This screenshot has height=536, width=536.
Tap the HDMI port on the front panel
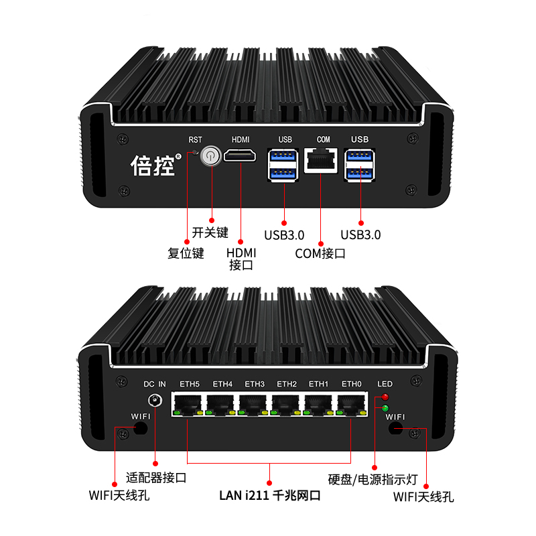(x=241, y=157)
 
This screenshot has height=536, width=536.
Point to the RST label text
(x=195, y=140)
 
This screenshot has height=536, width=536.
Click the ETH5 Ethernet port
(x=189, y=404)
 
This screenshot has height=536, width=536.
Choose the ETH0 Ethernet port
(x=351, y=404)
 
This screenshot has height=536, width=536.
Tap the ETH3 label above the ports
(x=254, y=384)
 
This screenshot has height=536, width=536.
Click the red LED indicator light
(x=385, y=398)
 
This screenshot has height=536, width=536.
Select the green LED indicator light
(x=385, y=407)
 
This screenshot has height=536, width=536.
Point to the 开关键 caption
(x=210, y=233)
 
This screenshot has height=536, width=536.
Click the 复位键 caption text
(x=186, y=253)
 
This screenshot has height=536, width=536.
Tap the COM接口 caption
(x=320, y=253)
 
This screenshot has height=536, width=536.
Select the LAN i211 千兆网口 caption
(x=269, y=496)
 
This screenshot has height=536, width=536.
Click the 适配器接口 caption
(x=156, y=478)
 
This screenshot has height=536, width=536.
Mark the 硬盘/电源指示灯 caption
(x=373, y=480)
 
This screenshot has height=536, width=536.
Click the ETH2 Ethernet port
(x=286, y=404)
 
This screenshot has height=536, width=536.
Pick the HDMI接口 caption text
(x=241, y=259)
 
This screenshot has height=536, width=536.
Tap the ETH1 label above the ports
(x=318, y=384)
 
